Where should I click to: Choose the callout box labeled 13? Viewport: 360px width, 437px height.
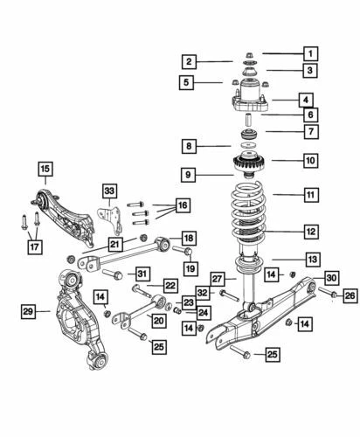click(x=313, y=258)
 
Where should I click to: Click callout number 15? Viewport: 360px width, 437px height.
click(x=44, y=168)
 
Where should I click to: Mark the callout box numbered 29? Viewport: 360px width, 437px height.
click(x=29, y=311)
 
